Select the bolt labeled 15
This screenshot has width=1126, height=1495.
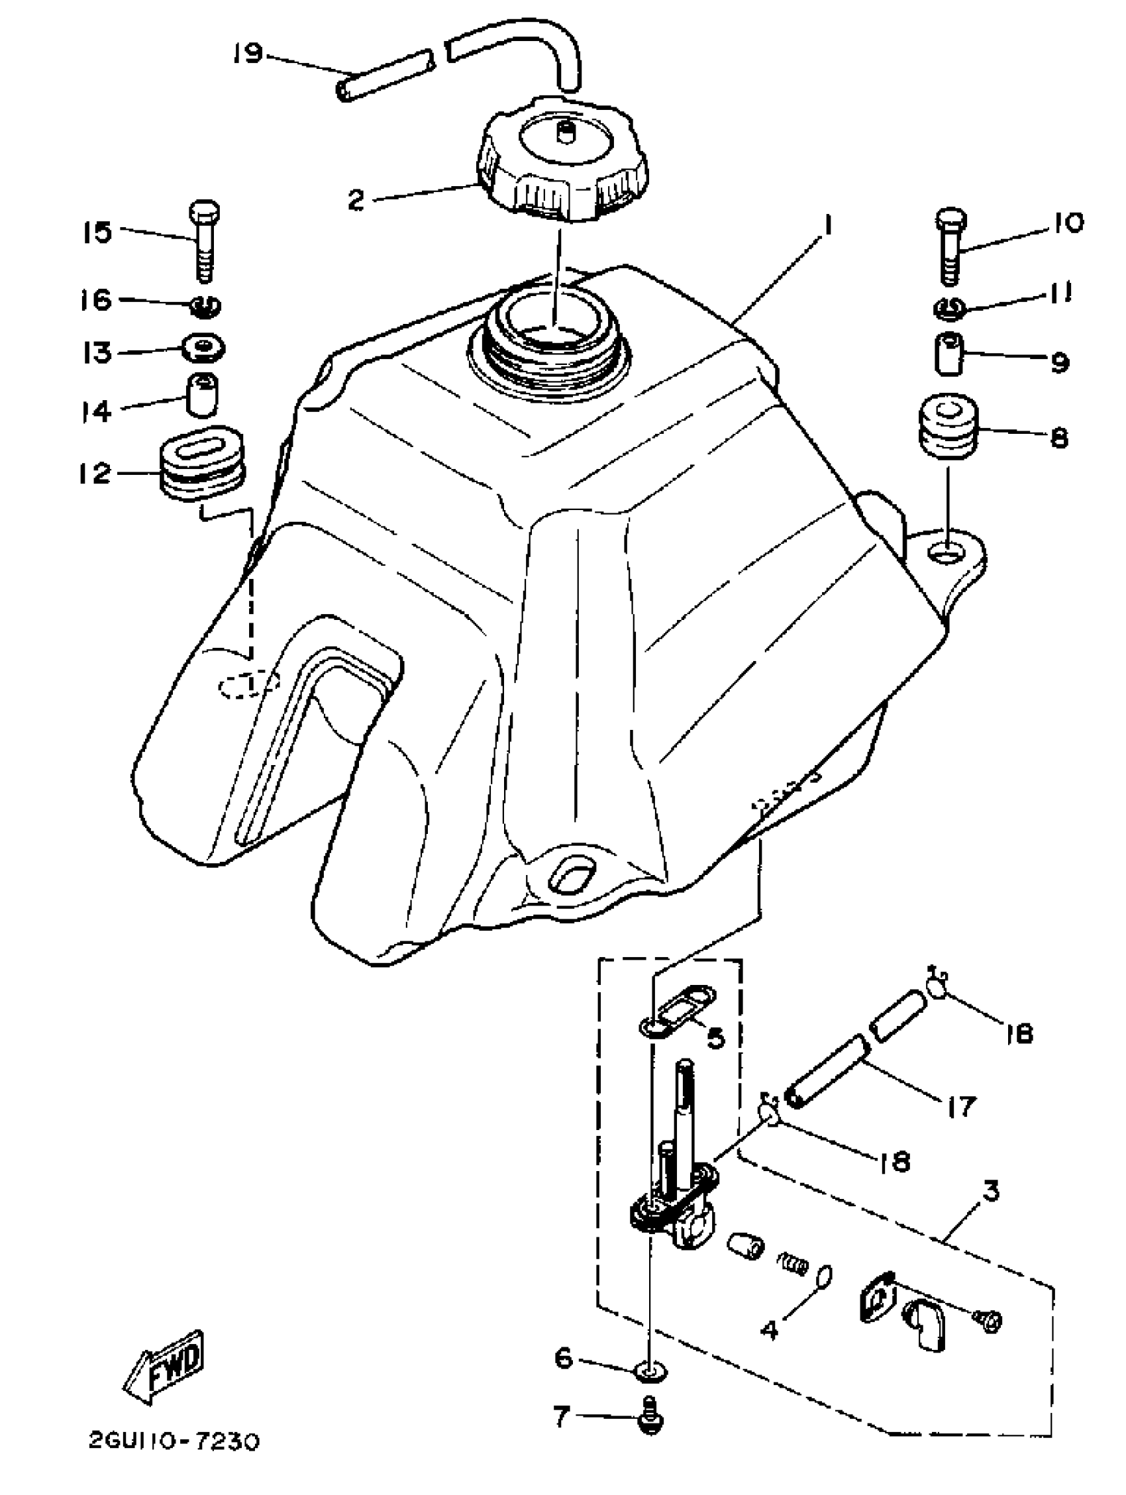click(205, 240)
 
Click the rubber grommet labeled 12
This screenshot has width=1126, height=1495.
click(202, 464)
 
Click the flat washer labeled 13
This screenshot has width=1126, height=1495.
click(203, 348)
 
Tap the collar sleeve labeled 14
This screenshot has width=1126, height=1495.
click(202, 395)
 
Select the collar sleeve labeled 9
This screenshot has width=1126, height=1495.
click(950, 352)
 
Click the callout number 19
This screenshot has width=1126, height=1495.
click(247, 53)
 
